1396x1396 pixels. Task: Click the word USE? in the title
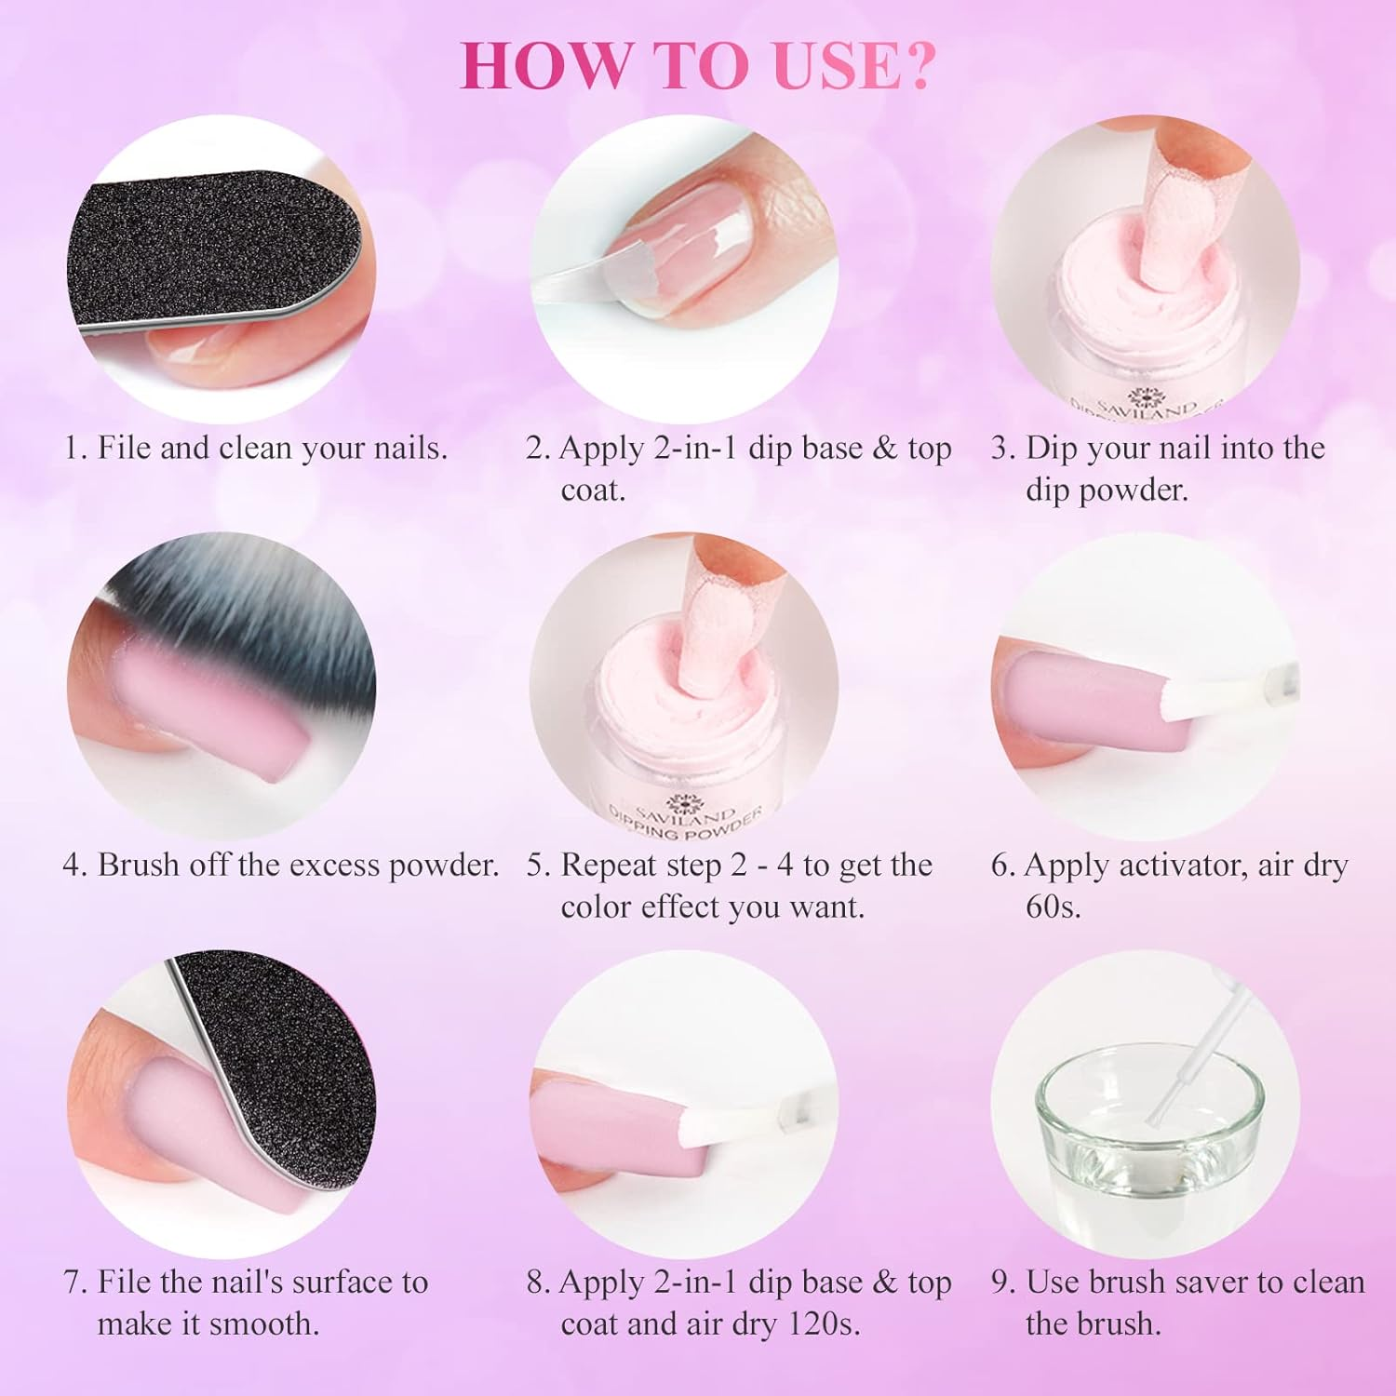(x=852, y=65)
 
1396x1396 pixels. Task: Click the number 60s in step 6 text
(x=1053, y=906)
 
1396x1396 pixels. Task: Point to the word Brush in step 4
(x=139, y=866)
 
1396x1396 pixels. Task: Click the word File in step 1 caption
(x=124, y=449)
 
